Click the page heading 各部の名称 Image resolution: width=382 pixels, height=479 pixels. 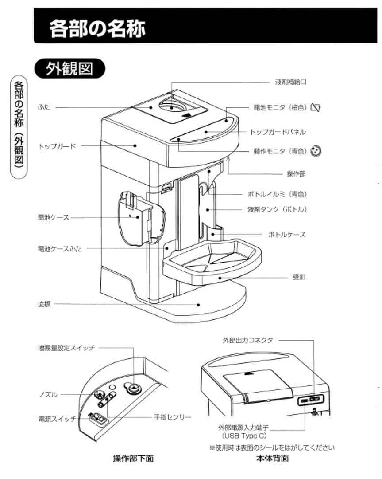click(97, 29)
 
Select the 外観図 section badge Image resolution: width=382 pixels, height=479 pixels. click(70, 69)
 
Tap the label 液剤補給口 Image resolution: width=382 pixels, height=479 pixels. click(290, 82)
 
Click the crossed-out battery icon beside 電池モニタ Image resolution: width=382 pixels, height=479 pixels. click(316, 107)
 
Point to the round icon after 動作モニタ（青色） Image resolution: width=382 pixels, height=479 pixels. click(316, 151)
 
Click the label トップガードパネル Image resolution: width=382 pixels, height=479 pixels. click(278, 132)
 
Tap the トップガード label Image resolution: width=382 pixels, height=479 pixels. click(57, 146)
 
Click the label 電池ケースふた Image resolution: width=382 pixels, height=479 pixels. click(60, 249)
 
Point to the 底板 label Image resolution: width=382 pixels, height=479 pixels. click(44, 304)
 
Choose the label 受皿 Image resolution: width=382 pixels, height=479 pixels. click(299, 277)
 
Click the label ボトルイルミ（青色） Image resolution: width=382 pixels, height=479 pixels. click(277, 194)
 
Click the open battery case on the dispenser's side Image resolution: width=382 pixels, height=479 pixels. click(135, 217)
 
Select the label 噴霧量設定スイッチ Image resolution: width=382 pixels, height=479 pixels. click(66, 348)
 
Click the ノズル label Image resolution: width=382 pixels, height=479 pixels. click(47, 394)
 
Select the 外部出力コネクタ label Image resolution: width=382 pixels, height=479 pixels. click(248, 340)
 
